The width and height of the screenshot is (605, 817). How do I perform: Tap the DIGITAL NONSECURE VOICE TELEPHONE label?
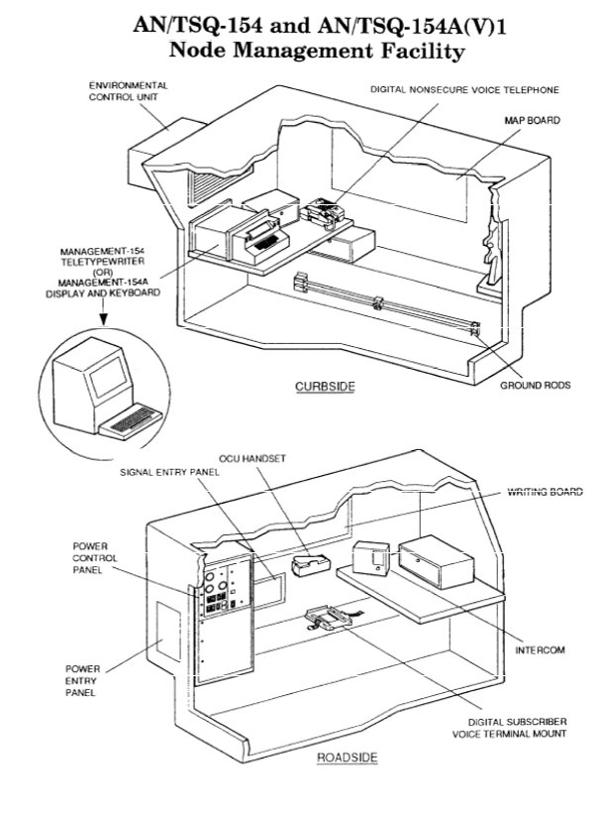(x=464, y=89)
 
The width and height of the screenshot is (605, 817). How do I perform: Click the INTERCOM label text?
(x=540, y=650)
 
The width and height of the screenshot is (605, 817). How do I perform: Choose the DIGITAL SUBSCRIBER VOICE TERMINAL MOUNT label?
(x=509, y=728)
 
